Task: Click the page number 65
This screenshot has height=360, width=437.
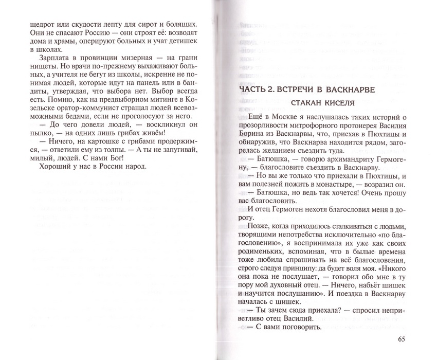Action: (x=401, y=339)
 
